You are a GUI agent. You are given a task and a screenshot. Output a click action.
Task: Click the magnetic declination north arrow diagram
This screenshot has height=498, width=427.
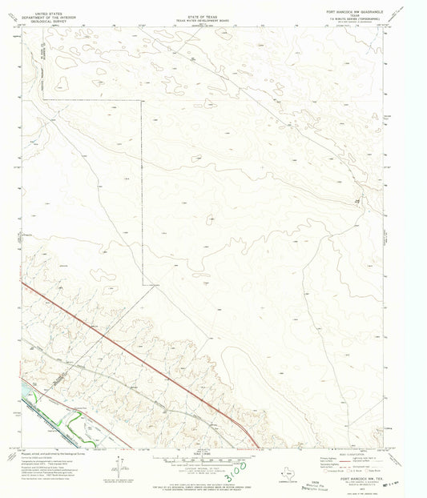[118, 466]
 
